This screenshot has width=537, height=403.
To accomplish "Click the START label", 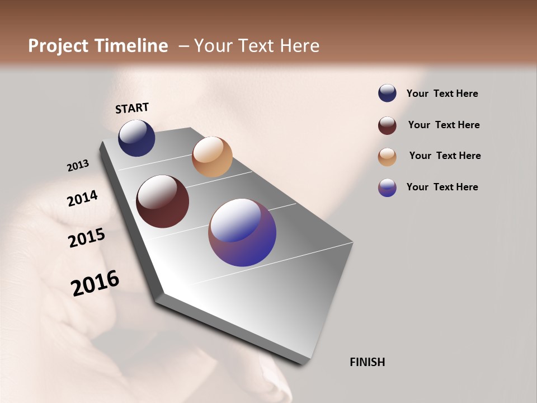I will coord(132,108).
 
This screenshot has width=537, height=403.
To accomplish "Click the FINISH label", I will coord(367,362).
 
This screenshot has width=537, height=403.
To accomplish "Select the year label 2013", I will coord(78,166).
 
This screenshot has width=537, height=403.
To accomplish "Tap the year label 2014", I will coord(82,199).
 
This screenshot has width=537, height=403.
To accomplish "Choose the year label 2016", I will coord(95,283).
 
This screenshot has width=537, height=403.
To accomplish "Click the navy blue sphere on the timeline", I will coord(136,138).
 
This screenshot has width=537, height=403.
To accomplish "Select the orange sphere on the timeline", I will coord(212,157).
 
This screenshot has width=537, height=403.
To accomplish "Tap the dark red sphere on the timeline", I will coord(162,201).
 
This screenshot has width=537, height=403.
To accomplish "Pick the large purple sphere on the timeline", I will coord(242,232).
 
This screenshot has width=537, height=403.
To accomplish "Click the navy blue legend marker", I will coord(387,93).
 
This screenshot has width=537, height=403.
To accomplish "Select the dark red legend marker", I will coord(387,125).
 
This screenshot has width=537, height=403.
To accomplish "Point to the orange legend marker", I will coord(387,157).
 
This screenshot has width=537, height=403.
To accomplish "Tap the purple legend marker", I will coord(387,188).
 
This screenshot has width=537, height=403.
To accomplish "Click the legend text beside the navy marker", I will coord(442,93).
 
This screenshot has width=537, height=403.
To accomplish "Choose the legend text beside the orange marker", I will coord(445,156).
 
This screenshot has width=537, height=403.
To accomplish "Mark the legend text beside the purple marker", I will coord(442,187).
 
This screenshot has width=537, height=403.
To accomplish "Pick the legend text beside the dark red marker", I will coord(444,125).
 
